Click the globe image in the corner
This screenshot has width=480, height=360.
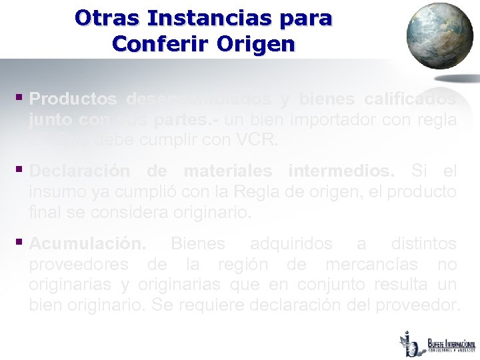coord(439,36)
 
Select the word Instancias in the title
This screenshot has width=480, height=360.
coord(206,17)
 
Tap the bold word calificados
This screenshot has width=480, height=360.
coord(411,99)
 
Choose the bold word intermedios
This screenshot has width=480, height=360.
coord(341,171)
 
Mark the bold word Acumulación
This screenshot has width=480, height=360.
coord(87,243)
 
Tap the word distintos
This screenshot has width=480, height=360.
coord(424,243)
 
